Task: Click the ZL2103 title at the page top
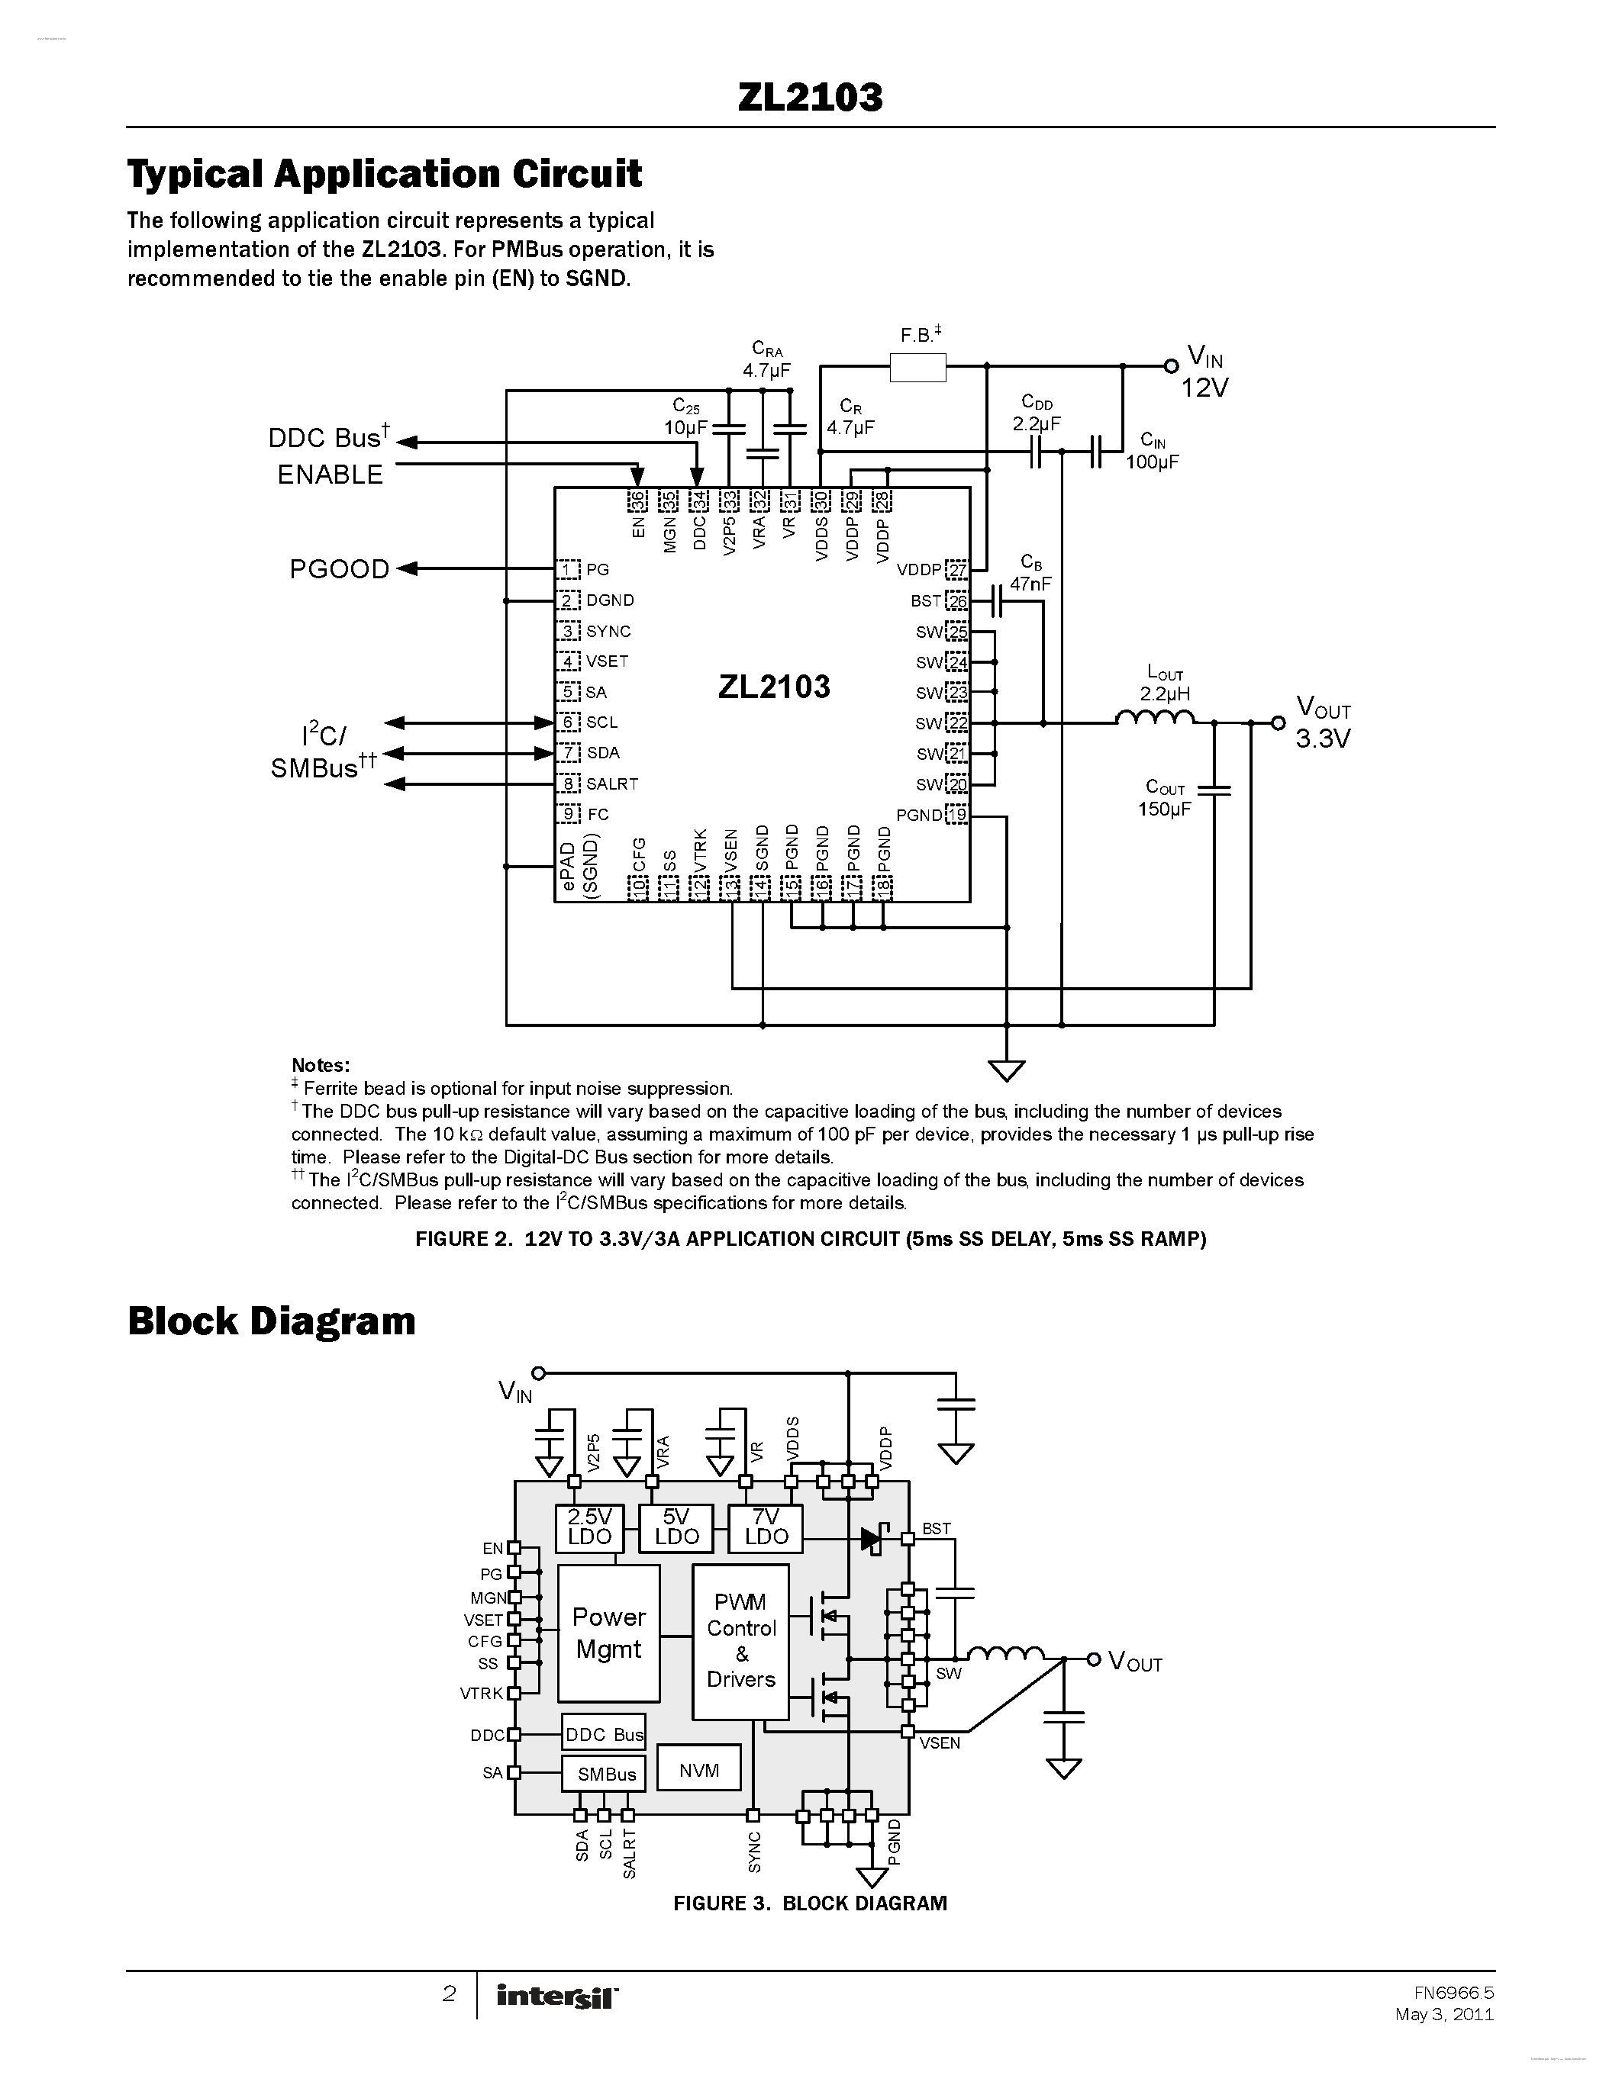(x=810, y=97)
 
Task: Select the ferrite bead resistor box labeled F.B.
(x=917, y=367)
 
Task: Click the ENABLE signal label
(x=330, y=475)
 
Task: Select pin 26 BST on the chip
(x=956, y=601)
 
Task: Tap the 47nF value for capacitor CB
(x=1030, y=584)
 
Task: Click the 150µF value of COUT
(x=1164, y=809)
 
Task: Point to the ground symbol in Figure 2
(x=1006, y=1068)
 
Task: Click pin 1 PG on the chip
(x=569, y=570)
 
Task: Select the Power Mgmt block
(x=608, y=1633)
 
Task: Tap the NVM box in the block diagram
(x=698, y=1771)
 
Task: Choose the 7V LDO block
(x=765, y=1527)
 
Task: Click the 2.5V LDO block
(x=589, y=1527)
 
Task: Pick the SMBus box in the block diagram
(x=605, y=1775)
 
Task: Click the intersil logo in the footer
(x=557, y=1997)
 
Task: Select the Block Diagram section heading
(x=271, y=1321)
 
